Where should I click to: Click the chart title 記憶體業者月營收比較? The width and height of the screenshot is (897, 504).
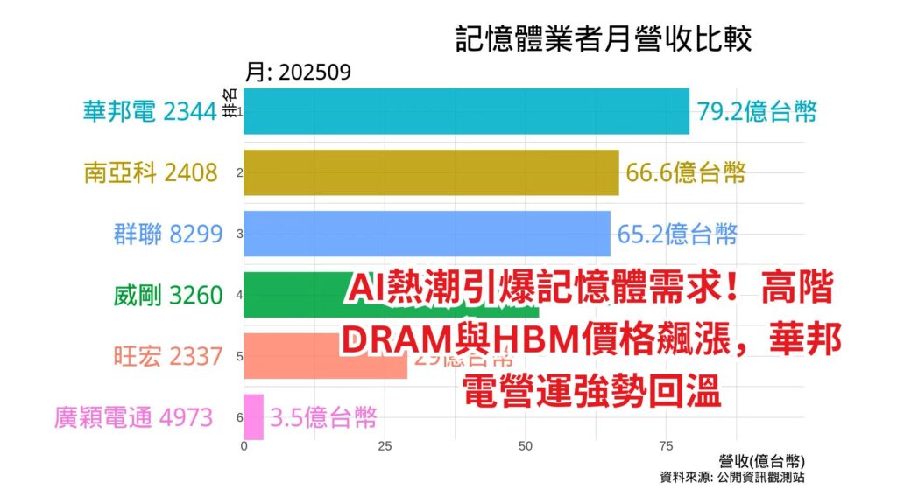click(x=604, y=39)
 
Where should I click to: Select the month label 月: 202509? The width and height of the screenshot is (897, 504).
click(x=298, y=73)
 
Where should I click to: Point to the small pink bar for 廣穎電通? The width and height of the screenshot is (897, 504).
click(x=253, y=417)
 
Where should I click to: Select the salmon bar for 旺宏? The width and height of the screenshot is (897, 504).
click(x=289, y=356)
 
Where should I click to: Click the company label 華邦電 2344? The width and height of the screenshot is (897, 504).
click(x=150, y=111)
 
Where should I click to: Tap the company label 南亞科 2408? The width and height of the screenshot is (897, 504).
click(x=150, y=172)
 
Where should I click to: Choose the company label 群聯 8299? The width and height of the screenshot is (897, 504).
click(x=168, y=234)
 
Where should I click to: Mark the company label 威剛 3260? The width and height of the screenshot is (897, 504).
click(x=168, y=295)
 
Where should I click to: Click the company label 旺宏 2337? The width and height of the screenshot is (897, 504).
click(x=168, y=356)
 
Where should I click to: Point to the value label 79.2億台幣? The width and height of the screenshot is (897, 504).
click(x=758, y=111)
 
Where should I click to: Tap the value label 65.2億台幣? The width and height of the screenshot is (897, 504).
click(x=676, y=234)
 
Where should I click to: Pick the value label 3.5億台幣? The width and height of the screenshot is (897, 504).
click(x=323, y=417)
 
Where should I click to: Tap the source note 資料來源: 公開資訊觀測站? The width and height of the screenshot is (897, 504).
click(x=732, y=478)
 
